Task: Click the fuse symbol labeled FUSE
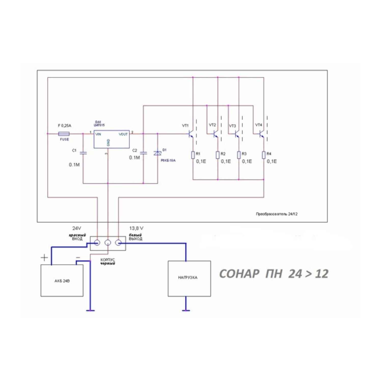point(64,134)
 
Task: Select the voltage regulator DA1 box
point(112,139)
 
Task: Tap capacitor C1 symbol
point(83,153)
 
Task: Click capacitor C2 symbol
point(143,153)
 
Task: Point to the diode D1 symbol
point(157,153)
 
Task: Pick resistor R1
point(193,155)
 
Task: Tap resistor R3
point(239,155)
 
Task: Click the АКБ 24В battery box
point(62,281)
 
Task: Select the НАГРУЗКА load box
point(189,278)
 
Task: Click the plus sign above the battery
point(44,258)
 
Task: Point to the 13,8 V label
point(136,228)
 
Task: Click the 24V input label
point(77,228)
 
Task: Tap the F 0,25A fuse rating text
point(65,126)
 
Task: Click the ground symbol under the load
point(186,310)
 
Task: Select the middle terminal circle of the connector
point(108,243)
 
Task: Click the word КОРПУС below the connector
point(108,260)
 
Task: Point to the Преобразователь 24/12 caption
point(277,214)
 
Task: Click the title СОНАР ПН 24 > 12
point(274,274)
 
